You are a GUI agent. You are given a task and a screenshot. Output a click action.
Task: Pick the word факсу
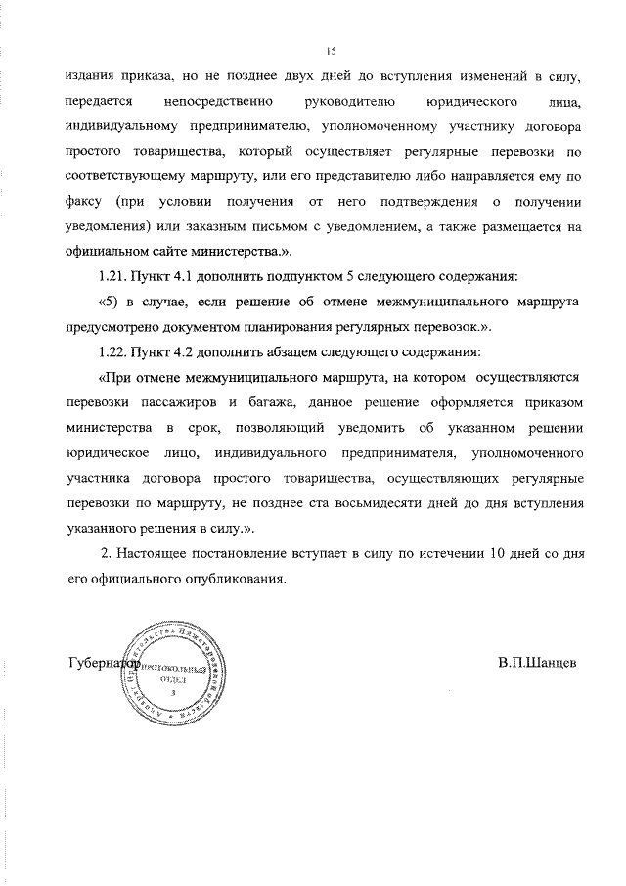point(86,202)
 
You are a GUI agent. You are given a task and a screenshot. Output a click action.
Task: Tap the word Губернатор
point(102,662)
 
